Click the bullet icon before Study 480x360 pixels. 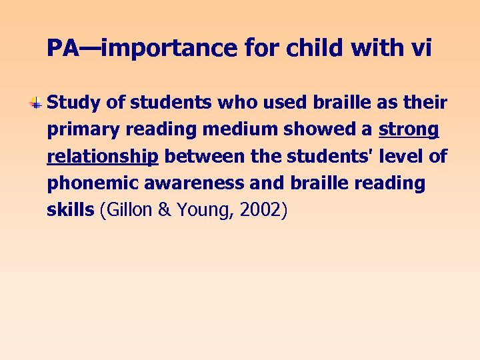tap(37, 103)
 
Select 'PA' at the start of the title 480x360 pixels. tap(63, 47)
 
